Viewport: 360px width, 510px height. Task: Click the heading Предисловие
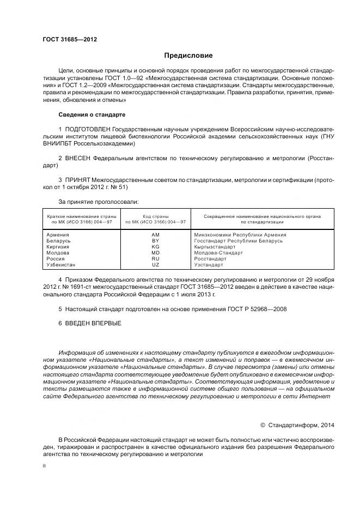188,56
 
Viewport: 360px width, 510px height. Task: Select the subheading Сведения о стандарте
91,115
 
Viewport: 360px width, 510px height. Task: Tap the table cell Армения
58,235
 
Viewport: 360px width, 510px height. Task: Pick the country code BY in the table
155,241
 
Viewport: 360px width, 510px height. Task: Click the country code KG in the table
155,247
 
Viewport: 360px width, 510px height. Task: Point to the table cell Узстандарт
209,265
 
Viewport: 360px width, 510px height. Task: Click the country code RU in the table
155,259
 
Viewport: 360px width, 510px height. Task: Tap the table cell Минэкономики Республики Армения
240,235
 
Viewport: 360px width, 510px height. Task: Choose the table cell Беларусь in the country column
59,241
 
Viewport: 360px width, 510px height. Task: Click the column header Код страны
155,216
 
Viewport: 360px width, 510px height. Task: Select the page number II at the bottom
45,466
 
